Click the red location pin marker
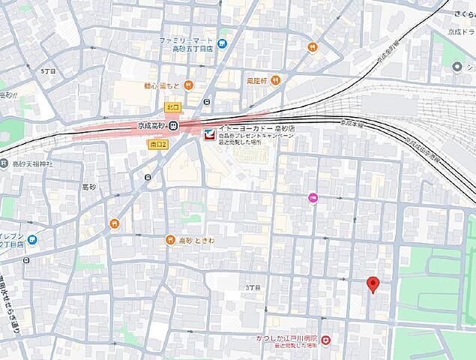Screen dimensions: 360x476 coord(373,284)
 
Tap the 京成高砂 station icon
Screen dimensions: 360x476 coord(173,126)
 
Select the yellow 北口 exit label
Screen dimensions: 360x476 coord(173,107)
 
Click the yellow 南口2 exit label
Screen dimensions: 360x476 coord(157,144)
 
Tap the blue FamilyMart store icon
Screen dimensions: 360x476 coord(222,43)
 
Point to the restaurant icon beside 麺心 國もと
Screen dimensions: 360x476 coord(190,85)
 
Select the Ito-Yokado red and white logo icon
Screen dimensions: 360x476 coord(208,134)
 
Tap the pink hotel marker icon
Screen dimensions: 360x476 coord(313,197)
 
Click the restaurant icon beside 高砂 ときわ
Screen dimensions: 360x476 coord(170,240)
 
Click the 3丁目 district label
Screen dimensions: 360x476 coord(253,287)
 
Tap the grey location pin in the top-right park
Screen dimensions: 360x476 coord(459,67)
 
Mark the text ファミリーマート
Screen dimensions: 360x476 coord(187,40)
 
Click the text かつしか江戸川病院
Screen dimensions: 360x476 coord(287,340)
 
